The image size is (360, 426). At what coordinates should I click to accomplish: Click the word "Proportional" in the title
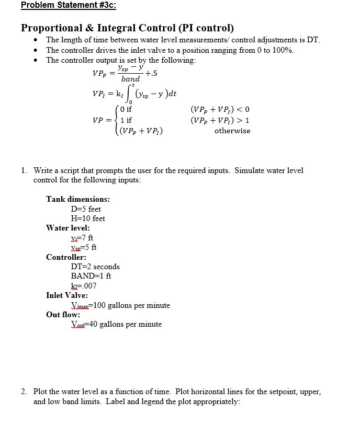click(x=53, y=28)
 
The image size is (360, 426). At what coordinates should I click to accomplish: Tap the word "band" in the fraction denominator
click(x=130, y=79)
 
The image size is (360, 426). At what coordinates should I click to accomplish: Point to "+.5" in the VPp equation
click(x=151, y=74)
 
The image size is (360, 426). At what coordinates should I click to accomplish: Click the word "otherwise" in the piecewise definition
click(x=232, y=131)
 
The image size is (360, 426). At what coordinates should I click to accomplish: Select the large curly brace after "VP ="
click(x=115, y=120)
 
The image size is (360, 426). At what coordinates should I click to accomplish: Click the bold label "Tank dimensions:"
click(x=78, y=199)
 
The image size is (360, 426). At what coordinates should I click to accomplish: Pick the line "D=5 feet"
click(x=86, y=209)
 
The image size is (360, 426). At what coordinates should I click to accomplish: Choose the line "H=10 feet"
click(x=88, y=218)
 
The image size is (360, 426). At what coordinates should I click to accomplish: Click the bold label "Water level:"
click(x=68, y=228)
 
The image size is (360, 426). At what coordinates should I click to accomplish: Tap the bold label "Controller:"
click(x=66, y=257)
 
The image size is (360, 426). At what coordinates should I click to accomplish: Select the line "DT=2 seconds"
click(x=95, y=267)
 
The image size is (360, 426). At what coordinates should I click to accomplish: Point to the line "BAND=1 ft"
click(x=91, y=276)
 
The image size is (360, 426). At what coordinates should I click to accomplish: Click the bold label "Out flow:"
click(x=63, y=315)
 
